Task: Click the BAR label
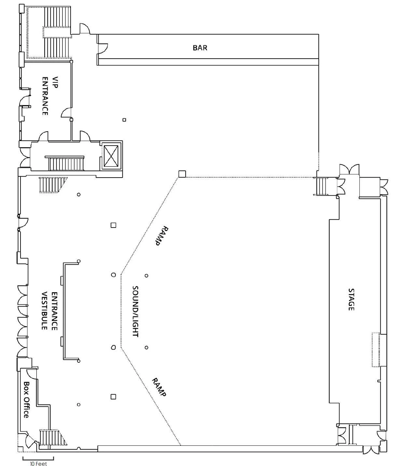[x=200, y=48]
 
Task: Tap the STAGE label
[x=351, y=299]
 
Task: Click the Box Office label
[x=26, y=400]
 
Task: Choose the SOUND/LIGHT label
[x=135, y=311]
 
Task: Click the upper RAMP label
[x=162, y=235]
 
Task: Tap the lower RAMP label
[x=159, y=387]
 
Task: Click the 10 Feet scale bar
[x=38, y=458]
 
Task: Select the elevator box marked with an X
[x=111, y=155]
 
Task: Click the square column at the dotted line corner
[x=182, y=174]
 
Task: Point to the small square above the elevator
[x=124, y=120]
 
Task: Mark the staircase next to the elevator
[x=66, y=163]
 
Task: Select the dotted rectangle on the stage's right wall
[x=376, y=349]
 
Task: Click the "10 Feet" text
[x=38, y=463]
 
